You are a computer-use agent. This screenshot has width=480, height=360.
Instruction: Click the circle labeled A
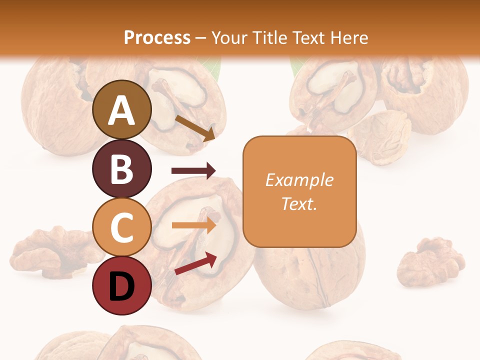[121, 110]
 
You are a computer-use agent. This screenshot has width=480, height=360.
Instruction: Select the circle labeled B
[121, 168]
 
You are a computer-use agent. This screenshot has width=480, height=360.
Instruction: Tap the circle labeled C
[121, 227]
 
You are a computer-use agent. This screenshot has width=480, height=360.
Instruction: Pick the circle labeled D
[121, 286]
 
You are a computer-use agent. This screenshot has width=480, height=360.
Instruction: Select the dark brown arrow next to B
[193, 171]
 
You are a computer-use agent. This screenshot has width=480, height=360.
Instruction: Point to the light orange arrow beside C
[193, 225]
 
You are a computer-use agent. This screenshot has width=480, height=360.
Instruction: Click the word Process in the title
[157, 37]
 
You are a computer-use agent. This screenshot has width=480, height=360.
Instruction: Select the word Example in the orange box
[299, 180]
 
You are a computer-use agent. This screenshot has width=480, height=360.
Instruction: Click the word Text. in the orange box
[299, 203]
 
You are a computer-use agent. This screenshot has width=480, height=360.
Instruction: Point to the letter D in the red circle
[121, 287]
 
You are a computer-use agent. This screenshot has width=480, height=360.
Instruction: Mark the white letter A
[121, 110]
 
